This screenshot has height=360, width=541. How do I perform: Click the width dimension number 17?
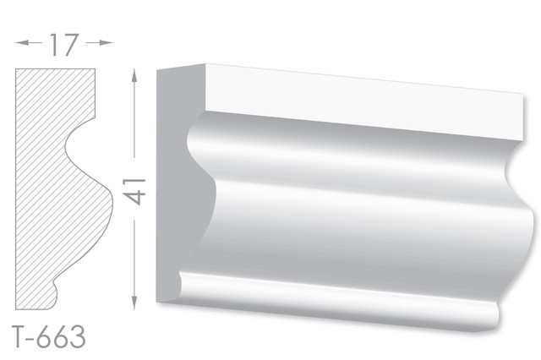pos(64,45)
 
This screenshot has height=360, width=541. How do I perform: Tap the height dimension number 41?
pos(134,192)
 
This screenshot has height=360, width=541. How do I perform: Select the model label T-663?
pos(49,336)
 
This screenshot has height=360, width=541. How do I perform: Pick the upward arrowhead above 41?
pos(134,75)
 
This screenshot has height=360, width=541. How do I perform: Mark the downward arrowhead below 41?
pos(134,302)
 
